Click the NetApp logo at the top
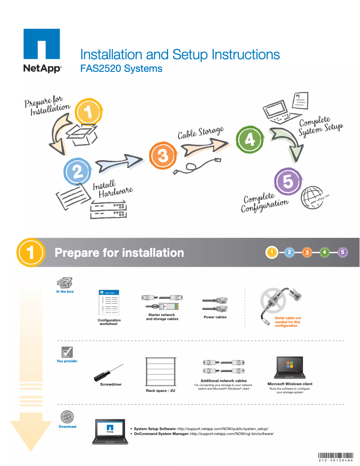(42, 50)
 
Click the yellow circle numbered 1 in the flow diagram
(89, 112)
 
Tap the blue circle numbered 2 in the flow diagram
(78, 171)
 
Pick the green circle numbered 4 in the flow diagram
(250, 140)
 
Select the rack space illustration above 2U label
(160, 372)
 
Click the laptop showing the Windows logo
(290, 368)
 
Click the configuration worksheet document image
(109, 303)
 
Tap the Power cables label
(215, 317)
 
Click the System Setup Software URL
(223, 429)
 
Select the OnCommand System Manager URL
(232, 434)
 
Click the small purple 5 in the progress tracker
(342, 252)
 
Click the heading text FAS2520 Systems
(121, 69)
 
